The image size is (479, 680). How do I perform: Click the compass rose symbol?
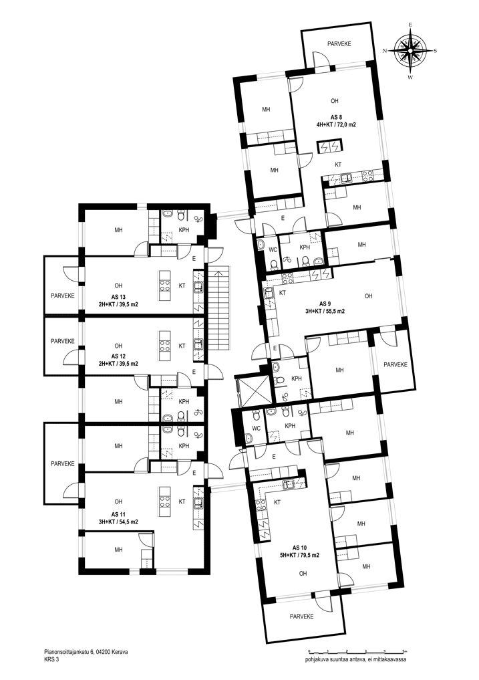(410, 50)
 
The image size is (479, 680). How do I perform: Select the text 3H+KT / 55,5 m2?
(325, 311)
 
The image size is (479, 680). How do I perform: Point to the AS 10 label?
(299, 548)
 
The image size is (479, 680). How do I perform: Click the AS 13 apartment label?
(118, 297)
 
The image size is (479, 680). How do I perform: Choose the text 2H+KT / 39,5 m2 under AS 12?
(118, 364)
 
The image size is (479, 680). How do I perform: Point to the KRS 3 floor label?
(51, 659)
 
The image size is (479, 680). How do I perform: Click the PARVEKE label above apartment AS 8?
(339, 44)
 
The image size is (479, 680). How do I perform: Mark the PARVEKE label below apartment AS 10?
(301, 616)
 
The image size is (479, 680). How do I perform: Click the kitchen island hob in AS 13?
(165, 286)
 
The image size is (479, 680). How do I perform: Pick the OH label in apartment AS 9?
(369, 296)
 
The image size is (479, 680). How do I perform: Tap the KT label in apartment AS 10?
(277, 503)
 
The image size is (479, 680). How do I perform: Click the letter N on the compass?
(385, 51)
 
